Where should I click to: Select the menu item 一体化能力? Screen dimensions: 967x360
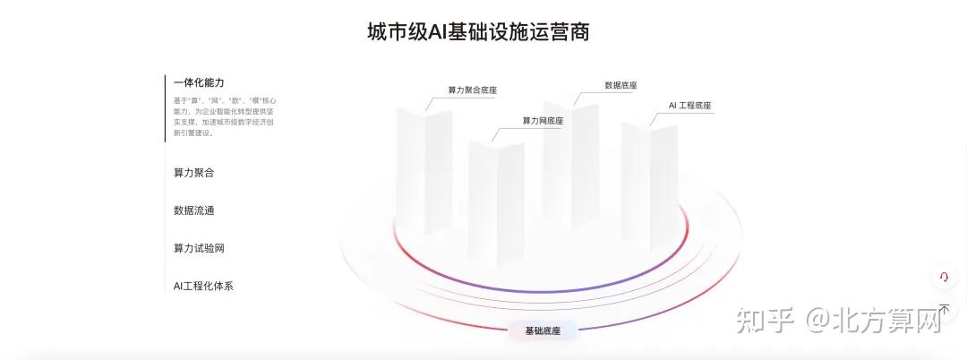pos(199,82)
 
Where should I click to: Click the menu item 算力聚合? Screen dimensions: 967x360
pos(193,172)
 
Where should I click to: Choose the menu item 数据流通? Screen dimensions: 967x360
pos(193,210)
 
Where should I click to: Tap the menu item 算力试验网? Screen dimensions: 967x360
pos(199,248)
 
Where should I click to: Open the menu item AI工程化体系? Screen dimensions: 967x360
pos(203,286)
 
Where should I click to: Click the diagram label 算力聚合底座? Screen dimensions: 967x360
pos(472,90)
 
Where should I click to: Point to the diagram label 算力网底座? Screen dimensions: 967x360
pos(543,121)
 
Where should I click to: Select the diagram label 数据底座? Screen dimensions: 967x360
pos(620,86)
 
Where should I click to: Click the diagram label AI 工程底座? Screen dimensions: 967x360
pos(689,106)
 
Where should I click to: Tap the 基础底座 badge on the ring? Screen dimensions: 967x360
pos(543,331)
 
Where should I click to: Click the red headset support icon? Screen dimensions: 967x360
pos(943,278)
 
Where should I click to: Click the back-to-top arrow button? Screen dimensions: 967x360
pos(943,309)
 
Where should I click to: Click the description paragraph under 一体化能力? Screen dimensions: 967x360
pos(224,116)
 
